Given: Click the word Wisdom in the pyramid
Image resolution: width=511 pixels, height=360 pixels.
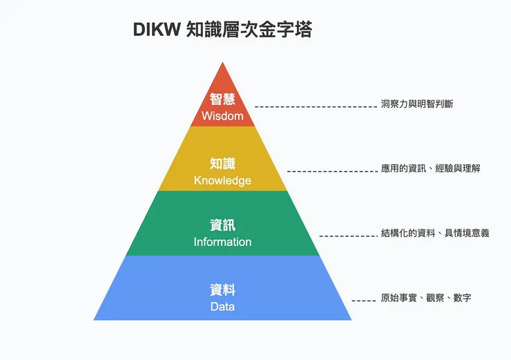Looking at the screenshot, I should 222,116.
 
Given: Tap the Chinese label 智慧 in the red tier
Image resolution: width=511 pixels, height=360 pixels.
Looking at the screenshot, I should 222,100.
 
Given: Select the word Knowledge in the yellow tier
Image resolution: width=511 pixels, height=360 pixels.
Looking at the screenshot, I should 222,180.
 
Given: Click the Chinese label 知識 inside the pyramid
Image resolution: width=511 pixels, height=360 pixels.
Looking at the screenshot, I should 222,164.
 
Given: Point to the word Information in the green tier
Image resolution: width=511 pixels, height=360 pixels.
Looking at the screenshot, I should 222,242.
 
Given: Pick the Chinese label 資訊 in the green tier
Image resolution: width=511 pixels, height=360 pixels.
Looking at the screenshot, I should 222,225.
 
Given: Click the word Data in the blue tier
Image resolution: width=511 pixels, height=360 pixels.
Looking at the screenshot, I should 222,306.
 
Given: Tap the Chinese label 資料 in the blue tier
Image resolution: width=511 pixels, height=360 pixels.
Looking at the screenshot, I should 222,290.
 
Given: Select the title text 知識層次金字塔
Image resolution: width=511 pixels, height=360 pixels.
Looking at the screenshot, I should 249,30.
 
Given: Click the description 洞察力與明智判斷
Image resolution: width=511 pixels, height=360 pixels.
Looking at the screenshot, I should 416,104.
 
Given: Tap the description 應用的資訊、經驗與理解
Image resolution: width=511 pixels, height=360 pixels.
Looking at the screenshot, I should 430,169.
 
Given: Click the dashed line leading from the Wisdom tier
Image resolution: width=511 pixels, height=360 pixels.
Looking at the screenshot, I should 315,107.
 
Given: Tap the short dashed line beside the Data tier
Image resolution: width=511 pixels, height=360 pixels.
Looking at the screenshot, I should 363,301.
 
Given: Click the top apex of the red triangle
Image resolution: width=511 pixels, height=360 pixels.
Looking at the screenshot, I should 222,63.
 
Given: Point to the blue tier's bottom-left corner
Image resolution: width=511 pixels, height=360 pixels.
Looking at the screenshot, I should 95,319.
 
